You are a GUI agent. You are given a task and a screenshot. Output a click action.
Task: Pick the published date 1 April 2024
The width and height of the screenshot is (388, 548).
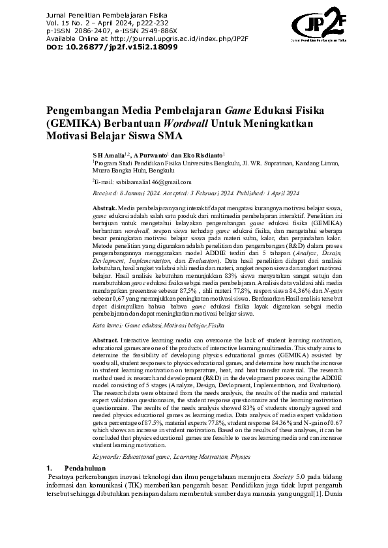(283, 193)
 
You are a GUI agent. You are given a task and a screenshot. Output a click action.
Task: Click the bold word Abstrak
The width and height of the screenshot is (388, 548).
(105, 206)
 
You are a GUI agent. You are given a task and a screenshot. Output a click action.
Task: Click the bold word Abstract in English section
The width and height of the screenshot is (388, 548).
(106, 340)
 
